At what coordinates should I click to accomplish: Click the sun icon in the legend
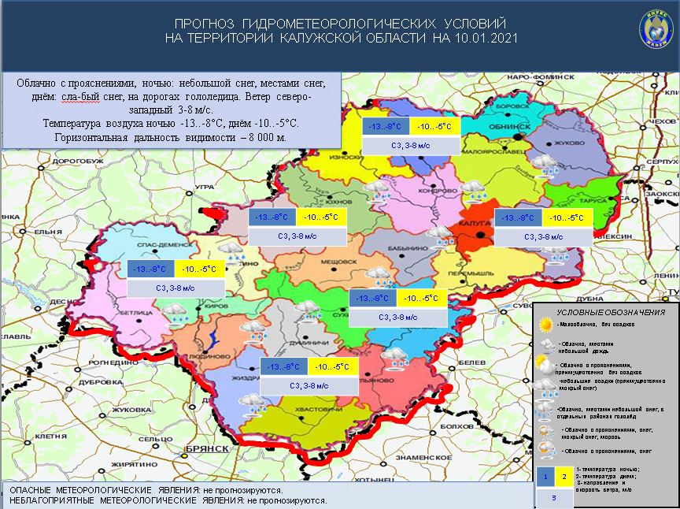[x=546, y=325]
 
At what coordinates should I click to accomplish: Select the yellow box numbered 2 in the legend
[x=564, y=477]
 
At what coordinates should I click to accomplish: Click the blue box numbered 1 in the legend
[x=545, y=477]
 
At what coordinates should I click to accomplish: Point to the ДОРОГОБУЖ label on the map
[x=76, y=160]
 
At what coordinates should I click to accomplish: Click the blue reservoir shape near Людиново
[x=213, y=340]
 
